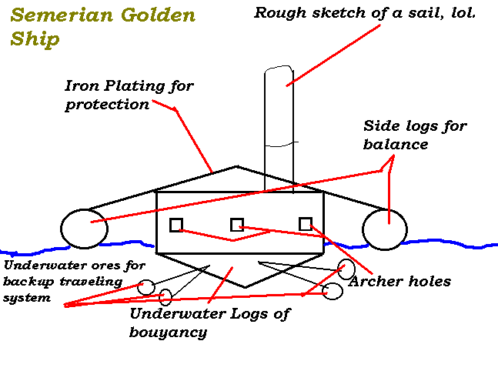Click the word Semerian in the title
pos(62,15)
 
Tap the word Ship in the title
pos(35,39)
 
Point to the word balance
pos(396,144)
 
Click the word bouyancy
pos(169,333)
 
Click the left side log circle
pos(84,229)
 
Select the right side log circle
pos(385,229)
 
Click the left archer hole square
pos(176,225)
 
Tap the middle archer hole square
pos(237,225)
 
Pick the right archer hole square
pos(306,224)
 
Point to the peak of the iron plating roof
pos(236,166)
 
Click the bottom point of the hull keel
pos(245,287)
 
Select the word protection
pos(107,105)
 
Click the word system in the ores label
pos(27,298)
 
